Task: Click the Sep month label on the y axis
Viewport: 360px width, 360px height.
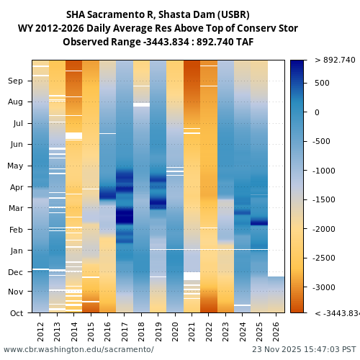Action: [x=15, y=81]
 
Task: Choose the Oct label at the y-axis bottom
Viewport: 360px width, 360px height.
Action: [x=16, y=313]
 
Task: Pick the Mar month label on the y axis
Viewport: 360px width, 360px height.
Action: [x=15, y=209]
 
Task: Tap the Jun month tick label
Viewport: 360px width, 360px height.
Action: [x=16, y=144]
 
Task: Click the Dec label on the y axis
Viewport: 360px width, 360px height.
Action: [x=15, y=271]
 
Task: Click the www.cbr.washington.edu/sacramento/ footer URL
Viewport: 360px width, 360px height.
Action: [x=78, y=349]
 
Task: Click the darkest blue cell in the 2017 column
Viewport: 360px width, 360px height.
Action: [x=125, y=215]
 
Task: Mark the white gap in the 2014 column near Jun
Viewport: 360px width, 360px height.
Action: [x=74, y=135]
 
